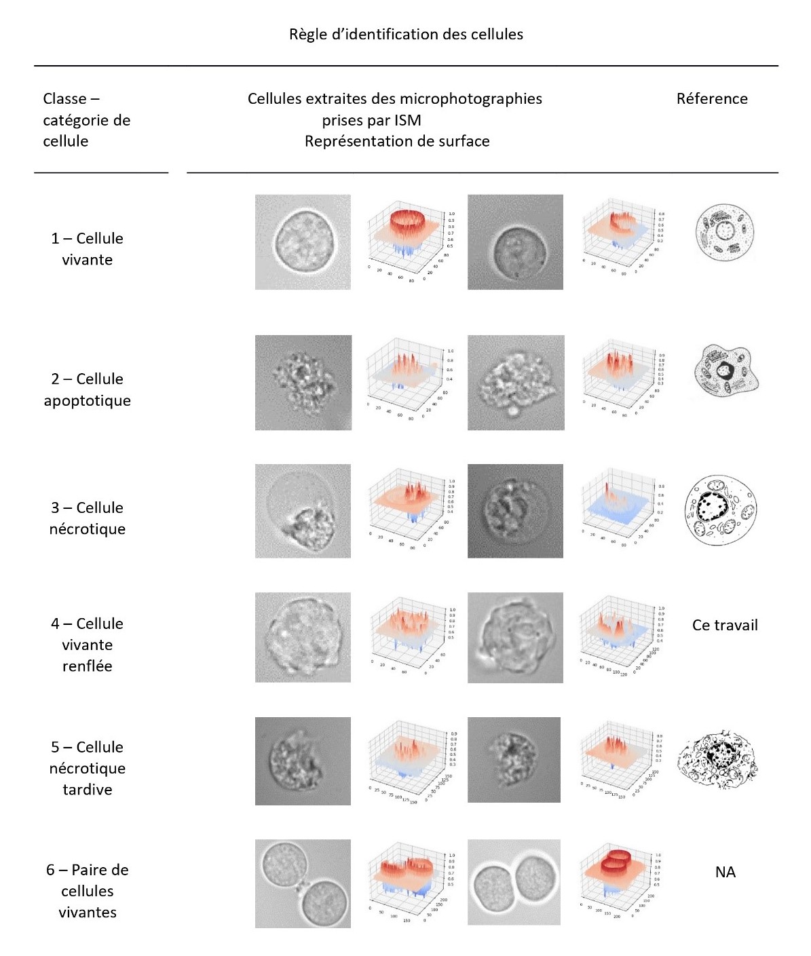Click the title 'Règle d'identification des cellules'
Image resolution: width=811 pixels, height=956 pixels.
(x=406, y=35)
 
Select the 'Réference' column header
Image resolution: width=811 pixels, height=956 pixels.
(x=711, y=99)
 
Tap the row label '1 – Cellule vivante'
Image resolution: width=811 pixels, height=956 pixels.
(x=87, y=249)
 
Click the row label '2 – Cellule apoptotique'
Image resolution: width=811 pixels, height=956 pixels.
(x=87, y=389)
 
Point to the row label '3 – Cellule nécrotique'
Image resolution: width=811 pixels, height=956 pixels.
(x=87, y=518)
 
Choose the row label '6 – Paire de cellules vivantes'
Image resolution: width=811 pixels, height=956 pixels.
(x=87, y=891)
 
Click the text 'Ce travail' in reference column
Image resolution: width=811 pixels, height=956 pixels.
(x=724, y=626)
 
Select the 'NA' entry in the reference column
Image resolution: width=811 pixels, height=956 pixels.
(x=725, y=873)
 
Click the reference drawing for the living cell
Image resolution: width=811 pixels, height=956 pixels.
(x=724, y=232)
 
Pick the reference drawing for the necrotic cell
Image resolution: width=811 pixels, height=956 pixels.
(x=720, y=510)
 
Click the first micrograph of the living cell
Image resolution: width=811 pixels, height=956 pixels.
(x=303, y=242)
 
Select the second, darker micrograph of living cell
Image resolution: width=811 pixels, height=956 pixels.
(x=515, y=242)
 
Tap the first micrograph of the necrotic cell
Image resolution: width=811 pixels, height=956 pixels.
(x=303, y=511)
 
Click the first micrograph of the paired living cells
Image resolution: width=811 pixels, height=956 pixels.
(x=303, y=883)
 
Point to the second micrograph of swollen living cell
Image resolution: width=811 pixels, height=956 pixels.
(x=515, y=637)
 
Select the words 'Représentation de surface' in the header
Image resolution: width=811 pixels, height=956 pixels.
(x=396, y=142)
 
